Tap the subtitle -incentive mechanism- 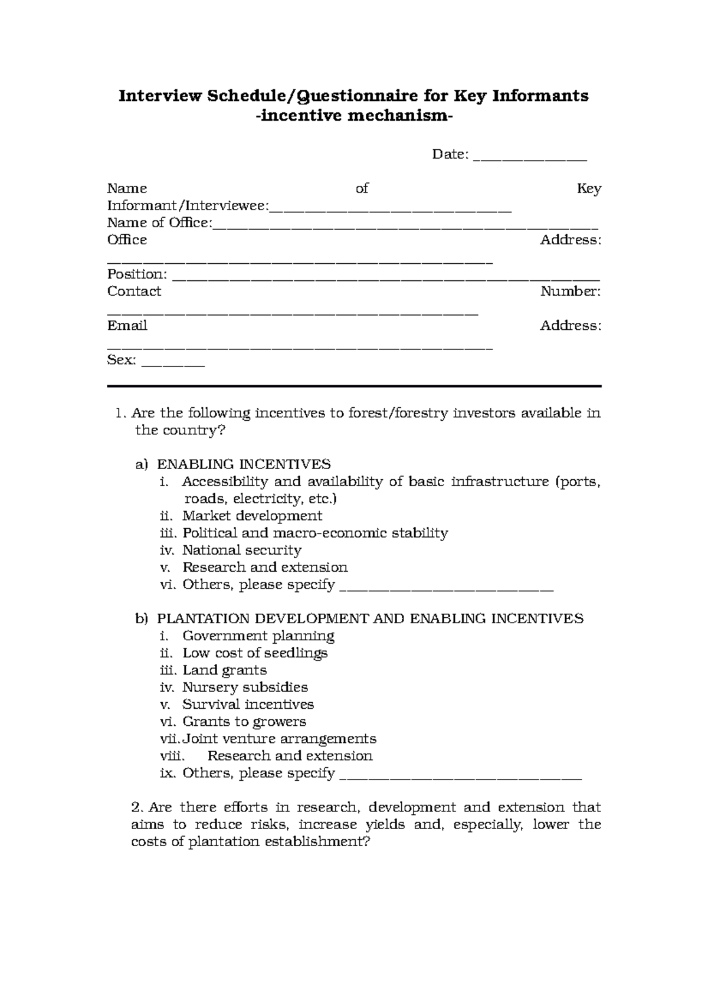click(x=354, y=116)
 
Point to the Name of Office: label click(x=159, y=223)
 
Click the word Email click(x=127, y=326)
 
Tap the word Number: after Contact click(x=570, y=292)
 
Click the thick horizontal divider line click(x=354, y=386)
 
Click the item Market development click(x=252, y=516)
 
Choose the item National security click(x=242, y=551)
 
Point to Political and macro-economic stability click(x=315, y=533)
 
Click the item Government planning click(x=258, y=636)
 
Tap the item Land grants click(x=224, y=670)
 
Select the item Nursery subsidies click(x=245, y=687)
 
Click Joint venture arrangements click(x=279, y=739)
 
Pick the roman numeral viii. click(x=172, y=756)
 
